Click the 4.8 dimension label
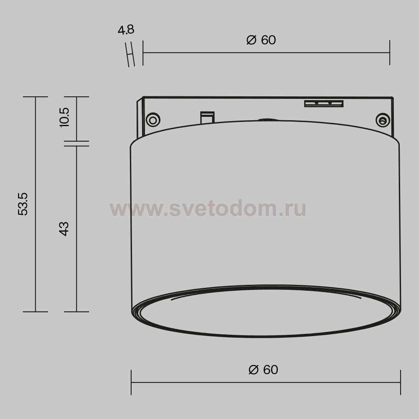click(x=126, y=30)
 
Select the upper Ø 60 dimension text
click(x=261, y=40)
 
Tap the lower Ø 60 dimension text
click(x=263, y=370)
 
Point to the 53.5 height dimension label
click(x=23, y=204)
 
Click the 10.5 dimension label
click(x=65, y=118)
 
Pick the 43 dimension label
click(x=64, y=229)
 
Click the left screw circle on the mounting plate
click(x=153, y=120)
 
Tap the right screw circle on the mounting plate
click(x=383, y=121)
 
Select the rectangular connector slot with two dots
click(x=324, y=103)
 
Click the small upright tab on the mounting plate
click(x=207, y=118)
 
